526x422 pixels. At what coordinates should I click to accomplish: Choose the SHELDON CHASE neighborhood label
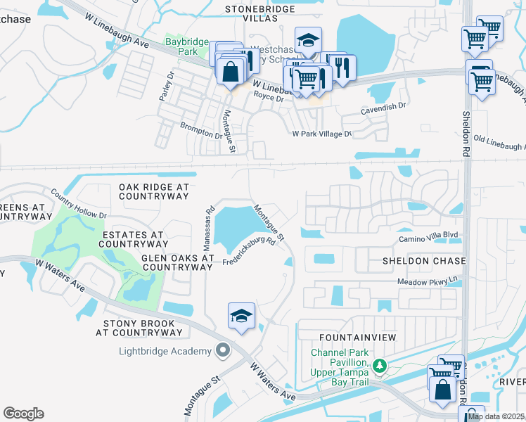424,261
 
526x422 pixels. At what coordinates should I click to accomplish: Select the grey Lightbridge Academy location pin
224,350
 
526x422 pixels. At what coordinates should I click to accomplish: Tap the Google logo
23,414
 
